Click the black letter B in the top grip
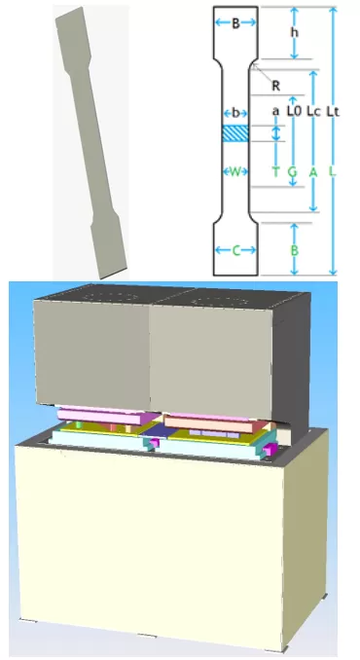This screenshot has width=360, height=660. point(234,23)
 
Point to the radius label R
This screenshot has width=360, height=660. point(277,85)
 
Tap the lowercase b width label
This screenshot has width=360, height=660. point(234,113)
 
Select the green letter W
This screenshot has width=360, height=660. point(234,171)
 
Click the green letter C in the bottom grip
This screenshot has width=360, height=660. point(234,250)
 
